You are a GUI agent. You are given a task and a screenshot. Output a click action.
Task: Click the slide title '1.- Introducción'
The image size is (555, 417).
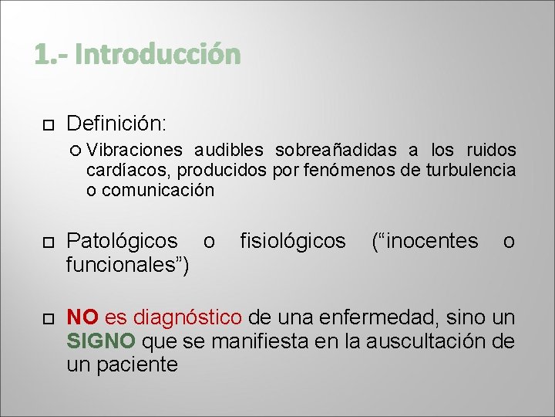138,55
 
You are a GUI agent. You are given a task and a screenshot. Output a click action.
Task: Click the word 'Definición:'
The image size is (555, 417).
116,124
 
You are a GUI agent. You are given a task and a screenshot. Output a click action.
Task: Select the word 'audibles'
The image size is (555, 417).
229,150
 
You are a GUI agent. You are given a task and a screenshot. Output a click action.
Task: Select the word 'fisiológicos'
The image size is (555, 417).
293,242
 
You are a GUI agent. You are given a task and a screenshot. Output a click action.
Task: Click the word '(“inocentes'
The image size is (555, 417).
425,242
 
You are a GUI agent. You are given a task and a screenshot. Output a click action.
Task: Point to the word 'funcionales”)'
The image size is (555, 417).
129,266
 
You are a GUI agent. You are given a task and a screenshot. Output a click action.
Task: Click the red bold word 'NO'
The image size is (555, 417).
82,317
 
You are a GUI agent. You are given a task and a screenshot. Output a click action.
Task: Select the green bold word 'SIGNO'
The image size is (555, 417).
101,341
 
